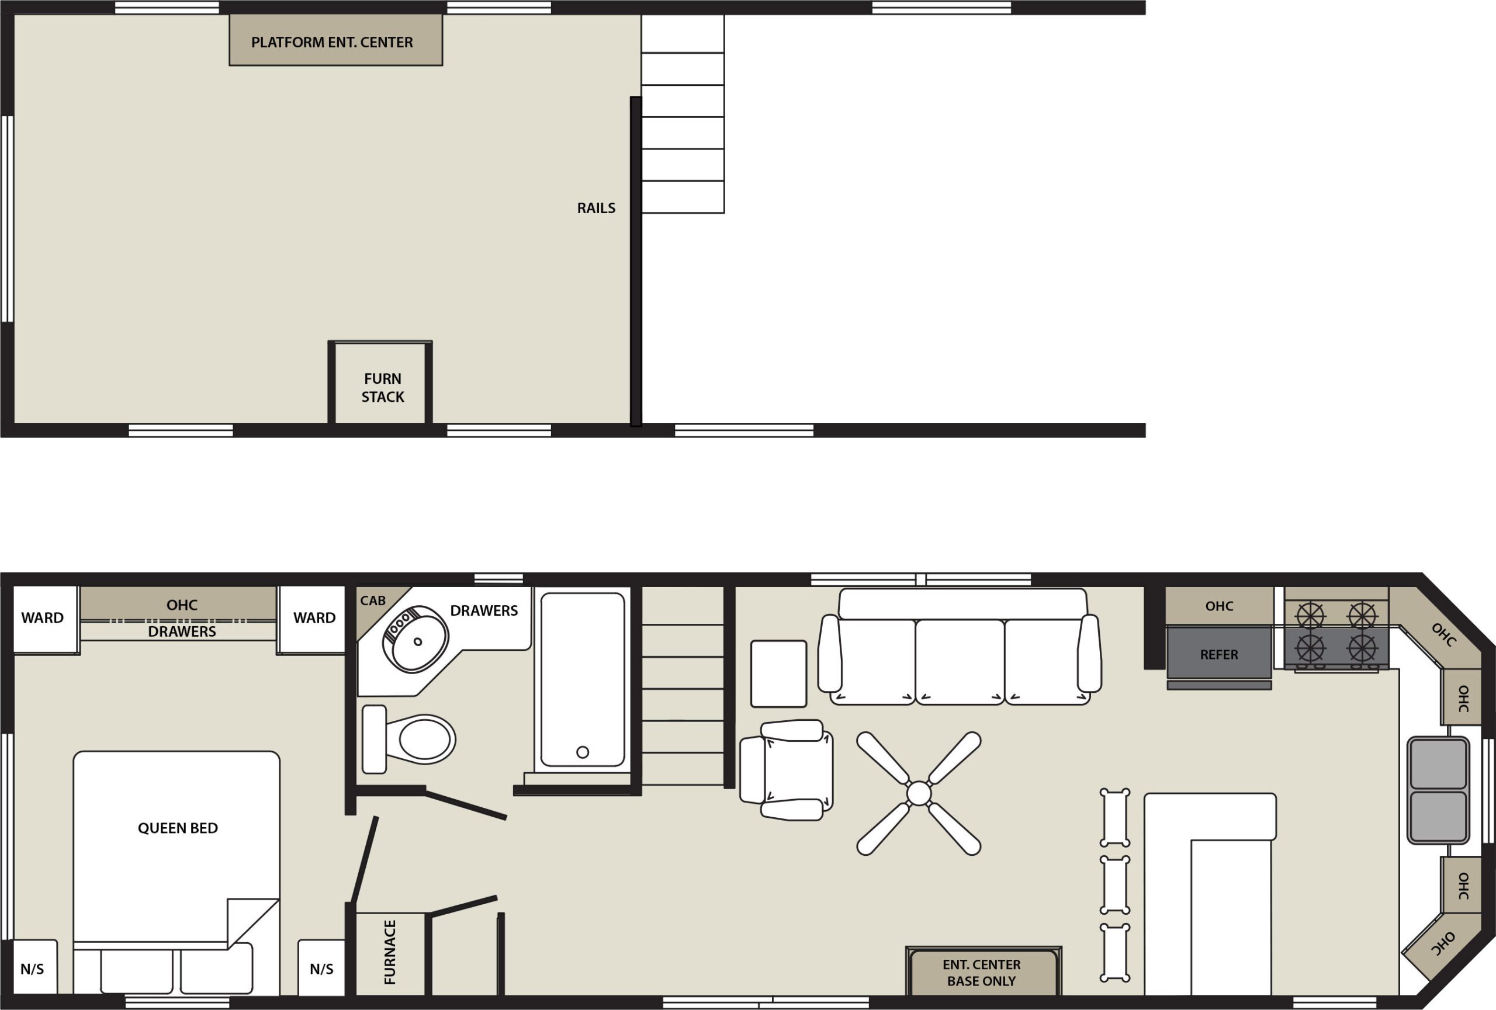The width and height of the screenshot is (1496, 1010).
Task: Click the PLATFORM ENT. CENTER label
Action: (331, 43)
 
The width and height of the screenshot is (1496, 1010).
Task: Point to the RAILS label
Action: (595, 208)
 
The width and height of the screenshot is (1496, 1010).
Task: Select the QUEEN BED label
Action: (178, 828)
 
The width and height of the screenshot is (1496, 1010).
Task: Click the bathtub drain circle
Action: (583, 752)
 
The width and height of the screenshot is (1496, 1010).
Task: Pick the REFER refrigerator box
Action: (1218, 654)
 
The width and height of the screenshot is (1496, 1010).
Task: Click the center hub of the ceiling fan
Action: (919, 793)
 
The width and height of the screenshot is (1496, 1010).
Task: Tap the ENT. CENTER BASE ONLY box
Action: (982, 973)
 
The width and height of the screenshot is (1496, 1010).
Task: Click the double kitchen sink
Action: (1438, 790)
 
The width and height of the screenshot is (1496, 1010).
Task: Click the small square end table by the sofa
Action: (778, 674)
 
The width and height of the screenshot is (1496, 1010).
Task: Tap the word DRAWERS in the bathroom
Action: (483, 610)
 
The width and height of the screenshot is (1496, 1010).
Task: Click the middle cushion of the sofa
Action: (959, 661)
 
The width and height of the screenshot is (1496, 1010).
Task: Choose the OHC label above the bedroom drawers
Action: (182, 605)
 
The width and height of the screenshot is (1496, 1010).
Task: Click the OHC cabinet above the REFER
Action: (1218, 606)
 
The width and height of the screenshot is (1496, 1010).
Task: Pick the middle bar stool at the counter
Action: (1114, 884)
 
